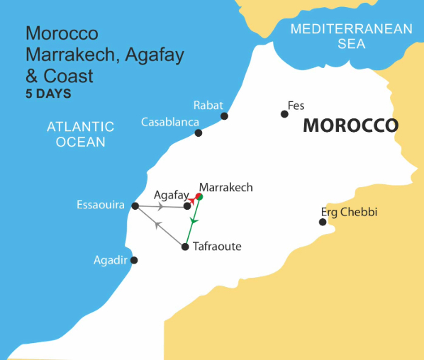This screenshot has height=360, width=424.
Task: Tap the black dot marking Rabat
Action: coord(225,116)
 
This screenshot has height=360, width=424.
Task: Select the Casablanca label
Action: coord(169,122)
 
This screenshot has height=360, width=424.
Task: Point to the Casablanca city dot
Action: coord(199,133)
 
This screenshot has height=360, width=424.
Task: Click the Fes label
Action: coord(296,106)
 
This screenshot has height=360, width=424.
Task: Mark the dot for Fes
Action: coord(284,113)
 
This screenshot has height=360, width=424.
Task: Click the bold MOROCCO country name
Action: coord(350,126)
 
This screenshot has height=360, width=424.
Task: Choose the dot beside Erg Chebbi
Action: coord(323,223)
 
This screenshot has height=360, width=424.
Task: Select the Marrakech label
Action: coord(225,188)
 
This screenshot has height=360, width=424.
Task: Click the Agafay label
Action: coord(172,194)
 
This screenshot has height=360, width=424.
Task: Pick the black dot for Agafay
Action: coord(187,206)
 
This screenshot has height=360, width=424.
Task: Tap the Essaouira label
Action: coord(101,206)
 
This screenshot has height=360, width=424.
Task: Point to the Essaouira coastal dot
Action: coord(135,206)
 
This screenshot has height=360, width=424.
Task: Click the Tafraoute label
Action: coord(217,247)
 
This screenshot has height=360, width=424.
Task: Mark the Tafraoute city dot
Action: coord(185,247)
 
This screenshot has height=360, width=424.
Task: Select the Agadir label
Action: coord(110,260)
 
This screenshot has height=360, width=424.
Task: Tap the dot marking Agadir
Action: coord(135,260)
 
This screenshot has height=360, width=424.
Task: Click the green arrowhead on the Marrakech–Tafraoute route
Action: coord(192,222)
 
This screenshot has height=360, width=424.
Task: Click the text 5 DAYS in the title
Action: coord(48,93)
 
